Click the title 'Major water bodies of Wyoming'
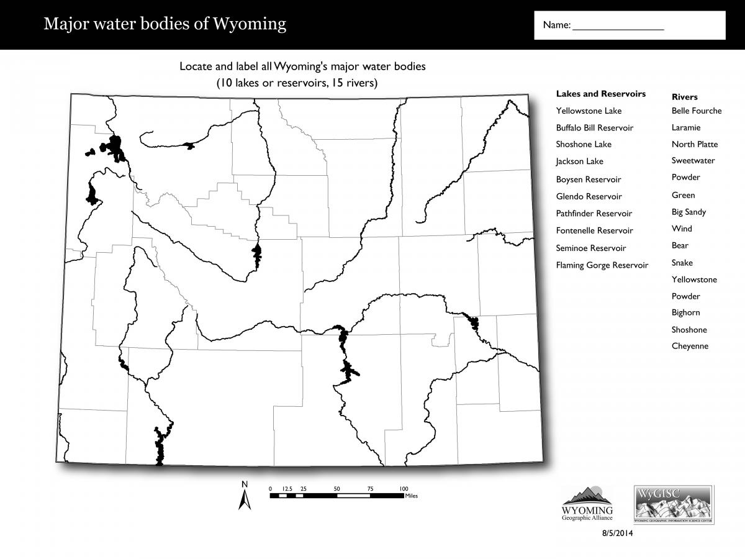(x=165, y=24)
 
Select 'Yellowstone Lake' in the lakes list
(x=589, y=111)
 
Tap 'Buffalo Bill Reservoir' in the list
(x=594, y=128)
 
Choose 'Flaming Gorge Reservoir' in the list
(x=602, y=265)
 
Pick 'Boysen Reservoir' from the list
(x=588, y=180)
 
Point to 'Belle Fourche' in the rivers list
(x=697, y=111)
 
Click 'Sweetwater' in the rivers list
(x=693, y=161)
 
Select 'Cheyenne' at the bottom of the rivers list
(x=690, y=347)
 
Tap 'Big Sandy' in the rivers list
(x=689, y=212)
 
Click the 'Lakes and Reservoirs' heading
(x=600, y=94)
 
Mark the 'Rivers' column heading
(x=684, y=97)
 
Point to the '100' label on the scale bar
(x=404, y=489)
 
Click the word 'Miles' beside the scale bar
(x=412, y=496)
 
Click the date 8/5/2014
(x=617, y=533)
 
